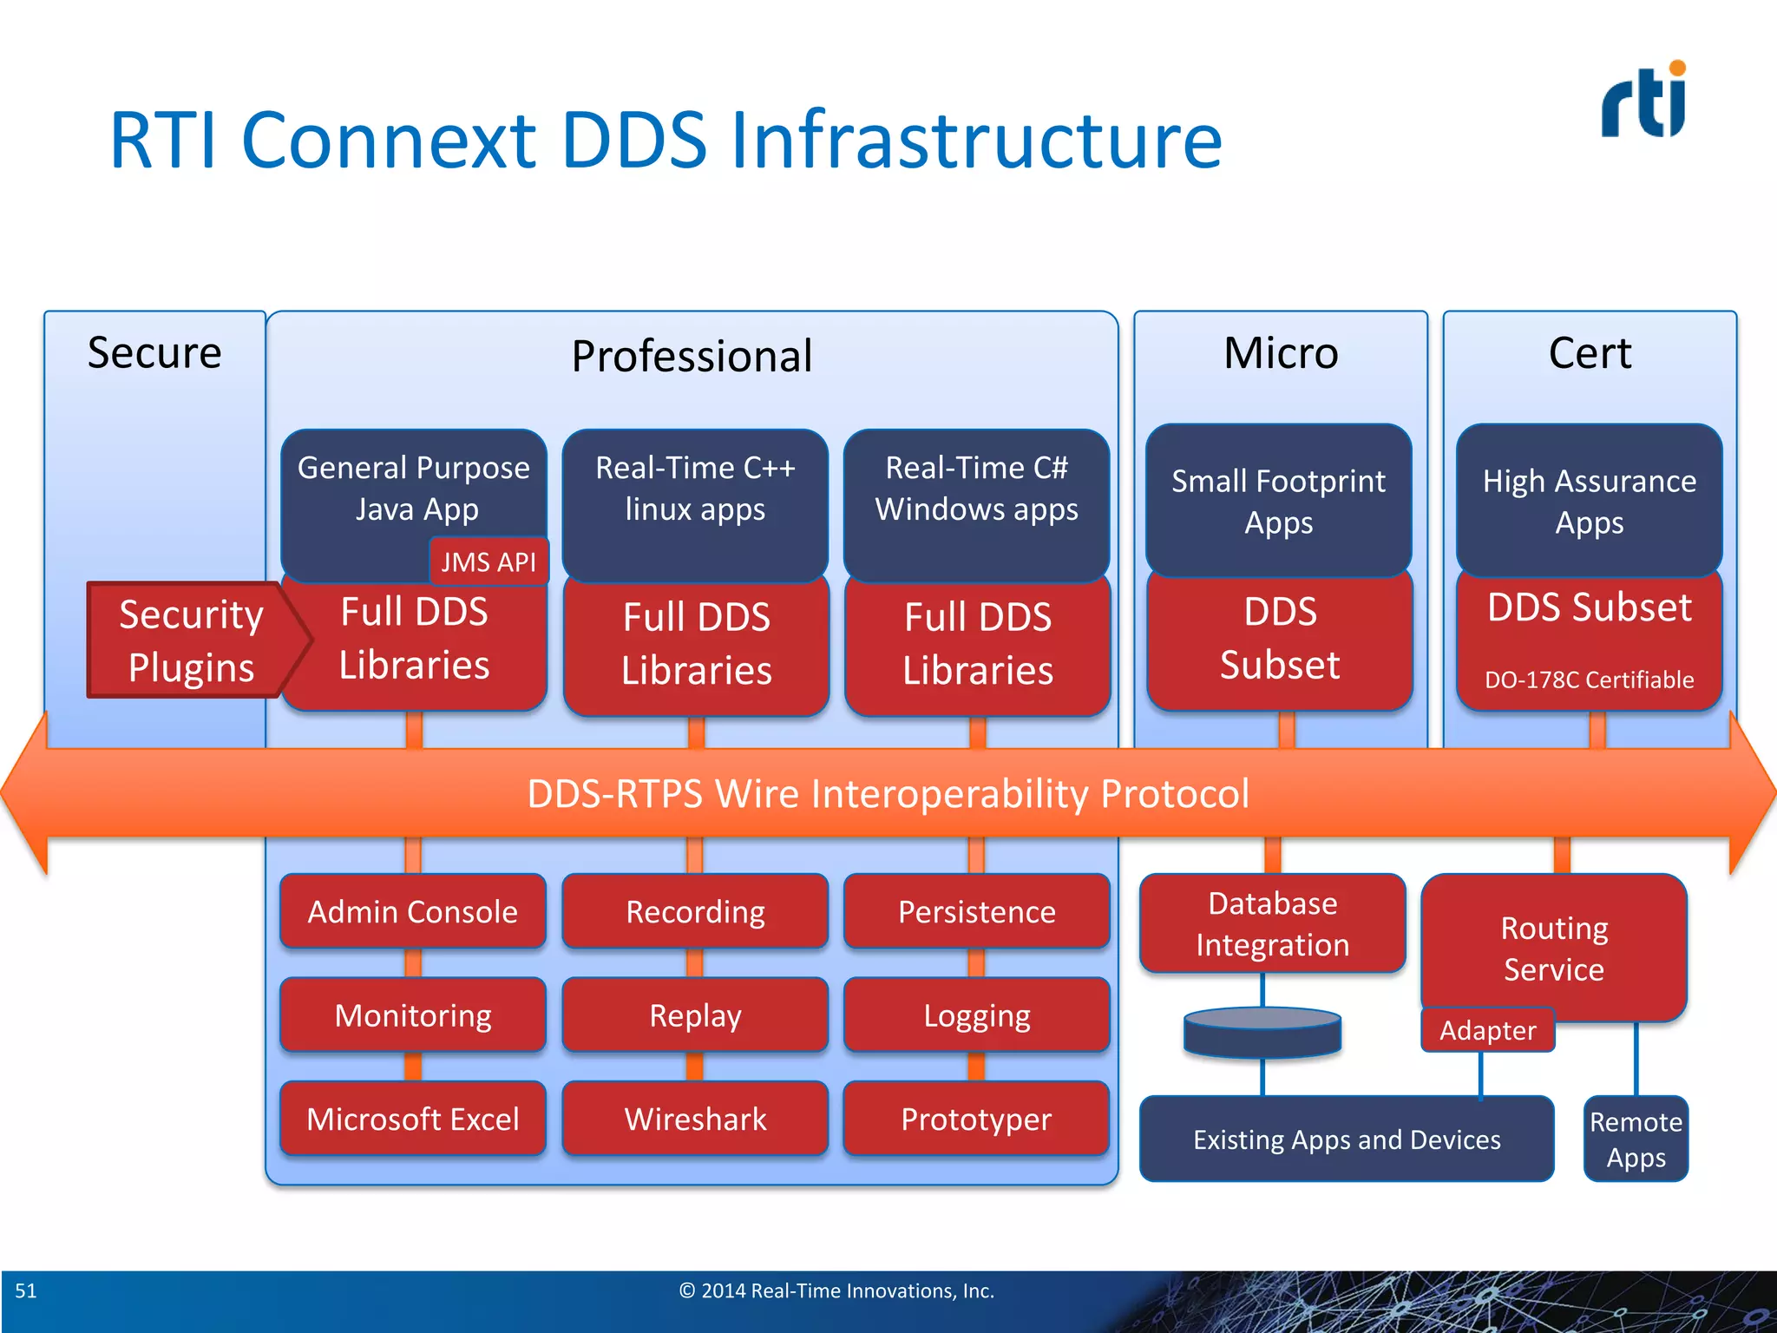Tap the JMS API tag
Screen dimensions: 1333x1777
(x=489, y=561)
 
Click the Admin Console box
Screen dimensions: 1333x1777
(x=413, y=911)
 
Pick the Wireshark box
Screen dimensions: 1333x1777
(x=695, y=1119)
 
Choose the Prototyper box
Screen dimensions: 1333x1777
(x=976, y=1119)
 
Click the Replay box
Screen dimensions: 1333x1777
(x=695, y=1015)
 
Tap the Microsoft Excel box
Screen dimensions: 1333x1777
(x=413, y=1119)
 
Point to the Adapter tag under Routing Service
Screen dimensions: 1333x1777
(x=1487, y=1030)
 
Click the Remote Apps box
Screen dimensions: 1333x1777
(x=1636, y=1139)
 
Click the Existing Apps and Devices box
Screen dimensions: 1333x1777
(x=1347, y=1139)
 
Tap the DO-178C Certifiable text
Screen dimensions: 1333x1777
(x=1589, y=680)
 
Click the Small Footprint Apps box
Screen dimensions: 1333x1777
(x=1278, y=501)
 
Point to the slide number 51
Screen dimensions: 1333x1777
(x=26, y=1290)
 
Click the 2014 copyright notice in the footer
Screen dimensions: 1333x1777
(x=836, y=1290)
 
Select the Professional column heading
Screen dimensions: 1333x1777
(x=692, y=356)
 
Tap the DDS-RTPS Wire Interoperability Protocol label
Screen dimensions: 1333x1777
(x=888, y=793)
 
